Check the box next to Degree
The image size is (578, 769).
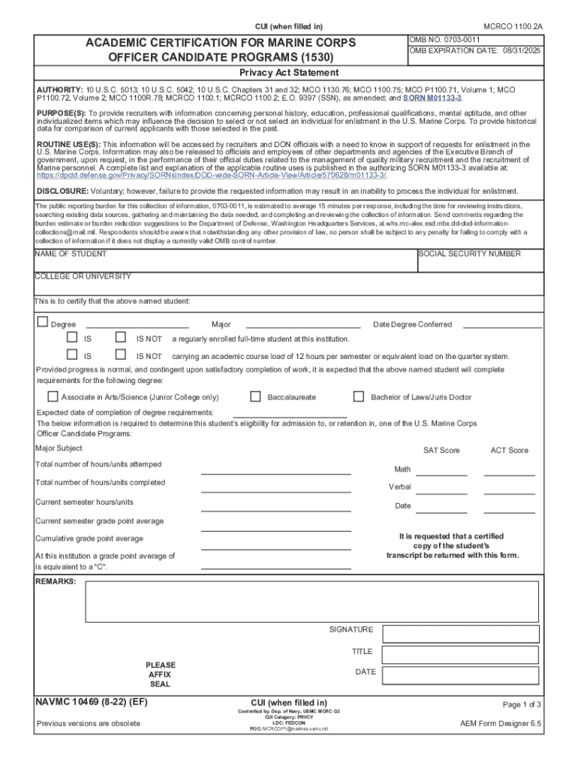pyautogui.click(x=43, y=323)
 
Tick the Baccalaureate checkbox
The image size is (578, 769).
pyautogui.click(x=255, y=397)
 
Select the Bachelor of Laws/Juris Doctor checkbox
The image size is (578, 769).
pyautogui.click(x=359, y=397)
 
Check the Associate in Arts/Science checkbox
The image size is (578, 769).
pyautogui.click(x=53, y=397)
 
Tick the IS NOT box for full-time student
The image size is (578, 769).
pyautogui.click(x=121, y=339)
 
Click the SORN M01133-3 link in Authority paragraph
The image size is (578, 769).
pyautogui.click(x=432, y=98)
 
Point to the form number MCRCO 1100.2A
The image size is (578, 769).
pyautogui.click(x=512, y=26)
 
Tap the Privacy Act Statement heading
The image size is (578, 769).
pyautogui.click(x=288, y=73)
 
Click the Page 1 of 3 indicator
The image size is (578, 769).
pyautogui.click(x=522, y=704)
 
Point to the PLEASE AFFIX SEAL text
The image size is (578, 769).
pyautogui.click(x=161, y=674)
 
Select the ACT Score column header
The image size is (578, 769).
pyautogui.click(x=509, y=451)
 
